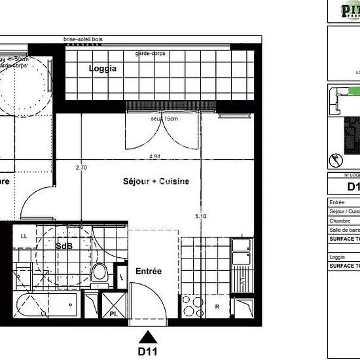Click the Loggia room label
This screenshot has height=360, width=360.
[x=103, y=68]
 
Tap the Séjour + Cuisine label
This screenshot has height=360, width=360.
[x=156, y=181]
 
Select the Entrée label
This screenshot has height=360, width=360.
[x=148, y=270]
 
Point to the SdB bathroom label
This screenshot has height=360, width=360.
[x=64, y=247]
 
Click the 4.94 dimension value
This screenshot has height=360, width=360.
[x=155, y=157]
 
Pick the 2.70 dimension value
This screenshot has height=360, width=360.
[x=82, y=168]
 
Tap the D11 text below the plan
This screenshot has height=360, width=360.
[x=149, y=351]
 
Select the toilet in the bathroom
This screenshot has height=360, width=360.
[x=99, y=272]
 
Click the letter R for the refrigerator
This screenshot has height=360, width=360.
[x=217, y=306]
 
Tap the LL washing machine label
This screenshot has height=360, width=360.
[x=24, y=236]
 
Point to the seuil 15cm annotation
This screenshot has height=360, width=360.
[x=165, y=118]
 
